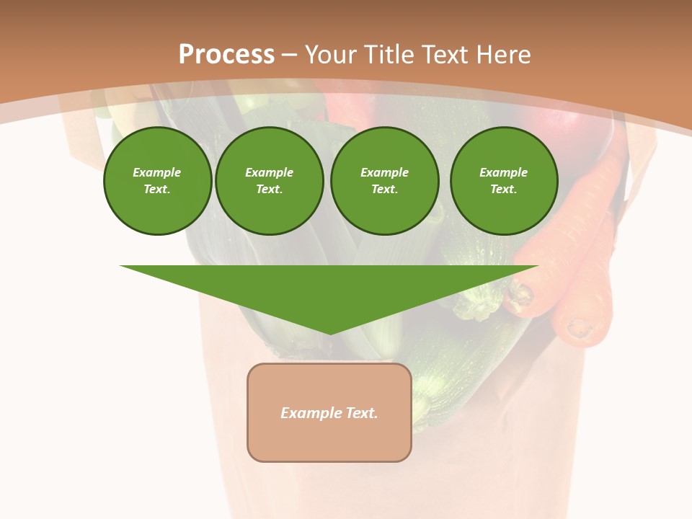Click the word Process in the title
coord(226,55)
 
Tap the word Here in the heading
coord(505,55)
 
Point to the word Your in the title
coord(329,55)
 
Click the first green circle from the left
coord(157,181)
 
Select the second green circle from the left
coord(269,181)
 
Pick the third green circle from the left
coord(384,181)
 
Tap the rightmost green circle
coord(503,181)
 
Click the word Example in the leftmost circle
coord(157,172)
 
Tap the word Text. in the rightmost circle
coord(503,190)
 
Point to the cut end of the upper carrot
coord(520,296)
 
